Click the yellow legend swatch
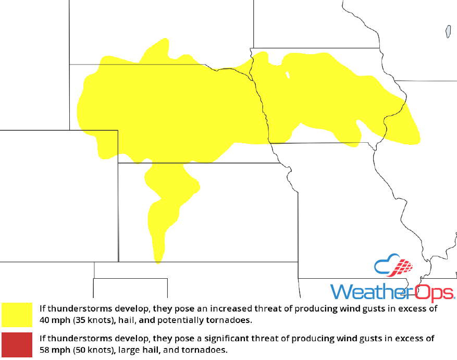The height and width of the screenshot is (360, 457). (x=17, y=314)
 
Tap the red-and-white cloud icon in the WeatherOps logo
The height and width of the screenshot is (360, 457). (x=394, y=267)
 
